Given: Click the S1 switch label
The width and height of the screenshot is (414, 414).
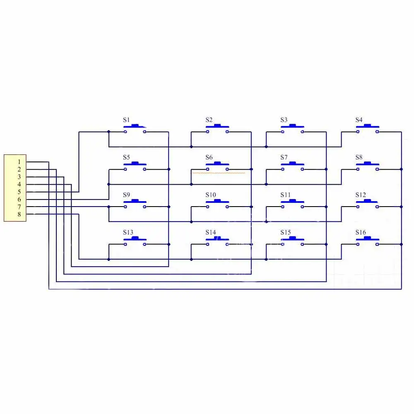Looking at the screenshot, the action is (126, 120).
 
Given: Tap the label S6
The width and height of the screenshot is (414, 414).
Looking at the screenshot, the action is (209, 157).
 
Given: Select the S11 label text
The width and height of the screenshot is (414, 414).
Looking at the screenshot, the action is (286, 195).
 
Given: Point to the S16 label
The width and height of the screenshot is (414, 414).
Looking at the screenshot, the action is (361, 232).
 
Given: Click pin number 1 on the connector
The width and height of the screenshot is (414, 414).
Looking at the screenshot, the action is (19, 162).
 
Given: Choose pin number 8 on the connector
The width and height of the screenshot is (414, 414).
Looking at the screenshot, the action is (19, 214).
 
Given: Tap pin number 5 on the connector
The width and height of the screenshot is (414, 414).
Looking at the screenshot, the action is (19, 192).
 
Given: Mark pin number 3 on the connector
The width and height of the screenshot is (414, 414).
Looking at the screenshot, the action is (19, 177).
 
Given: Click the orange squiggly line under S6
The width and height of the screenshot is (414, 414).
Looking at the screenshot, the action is (218, 173).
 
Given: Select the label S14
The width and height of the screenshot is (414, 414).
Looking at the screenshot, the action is (211, 232).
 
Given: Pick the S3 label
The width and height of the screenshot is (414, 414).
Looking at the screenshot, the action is (284, 120).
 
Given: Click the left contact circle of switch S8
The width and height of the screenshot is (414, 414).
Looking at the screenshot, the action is (357, 169).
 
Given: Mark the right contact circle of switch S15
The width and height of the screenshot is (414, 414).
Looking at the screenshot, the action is (302, 244).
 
